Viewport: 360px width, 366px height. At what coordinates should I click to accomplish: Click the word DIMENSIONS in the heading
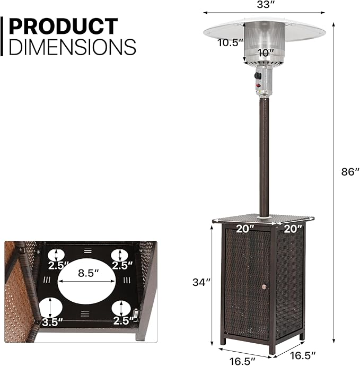(73, 47)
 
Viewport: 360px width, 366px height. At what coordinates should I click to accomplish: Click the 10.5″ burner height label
(230, 43)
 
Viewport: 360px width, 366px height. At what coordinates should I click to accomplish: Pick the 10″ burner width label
(265, 53)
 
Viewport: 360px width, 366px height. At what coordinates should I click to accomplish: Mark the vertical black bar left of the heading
(2, 36)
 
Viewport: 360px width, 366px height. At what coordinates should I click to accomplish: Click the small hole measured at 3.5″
(50, 307)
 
